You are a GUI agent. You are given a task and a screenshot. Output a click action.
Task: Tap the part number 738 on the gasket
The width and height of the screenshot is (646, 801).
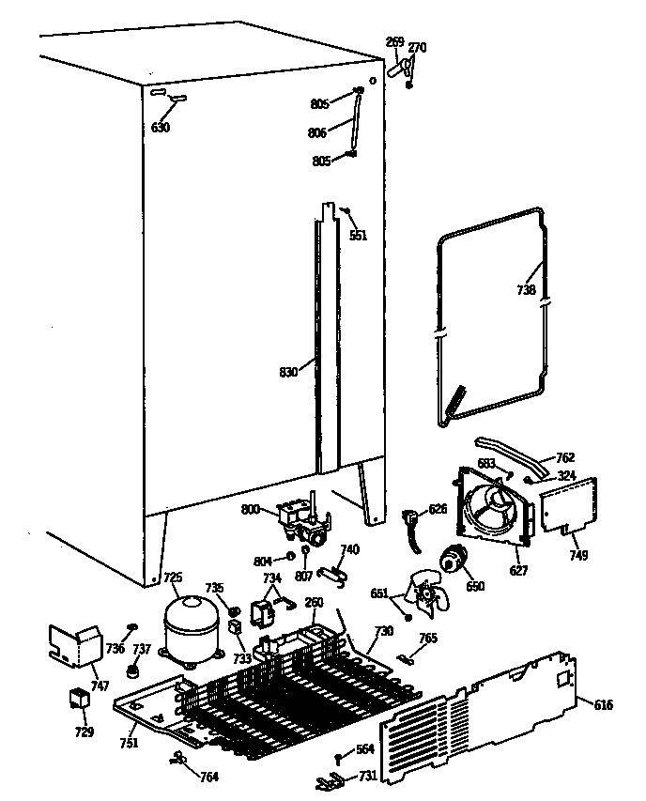click(x=525, y=290)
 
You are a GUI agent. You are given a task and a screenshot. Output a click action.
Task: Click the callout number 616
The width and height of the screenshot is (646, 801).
click(x=604, y=704)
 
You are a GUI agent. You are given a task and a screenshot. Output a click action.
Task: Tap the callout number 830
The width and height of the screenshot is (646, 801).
click(x=288, y=373)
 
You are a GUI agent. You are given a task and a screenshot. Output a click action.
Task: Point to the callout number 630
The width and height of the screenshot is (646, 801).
click(x=161, y=128)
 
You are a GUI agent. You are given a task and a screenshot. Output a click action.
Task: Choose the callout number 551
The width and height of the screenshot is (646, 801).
click(x=358, y=236)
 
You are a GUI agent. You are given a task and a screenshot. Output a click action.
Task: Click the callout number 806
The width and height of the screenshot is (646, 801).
click(x=317, y=133)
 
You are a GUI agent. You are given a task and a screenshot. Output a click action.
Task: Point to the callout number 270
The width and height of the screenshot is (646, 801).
click(x=417, y=47)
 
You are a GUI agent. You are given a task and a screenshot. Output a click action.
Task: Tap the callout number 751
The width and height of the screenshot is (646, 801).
click(x=129, y=744)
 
